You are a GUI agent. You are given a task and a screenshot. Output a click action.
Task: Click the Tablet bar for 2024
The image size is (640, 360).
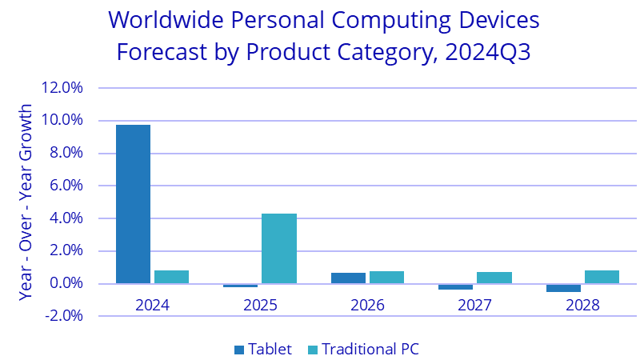click(x=133, y=204)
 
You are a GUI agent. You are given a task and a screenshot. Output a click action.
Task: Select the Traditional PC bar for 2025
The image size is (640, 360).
click(x=279, y=248)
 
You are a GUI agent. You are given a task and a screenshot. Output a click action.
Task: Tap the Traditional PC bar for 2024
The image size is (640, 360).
click(x=171, y=277)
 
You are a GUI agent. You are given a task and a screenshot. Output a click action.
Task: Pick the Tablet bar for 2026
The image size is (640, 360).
click(x=348, y=278)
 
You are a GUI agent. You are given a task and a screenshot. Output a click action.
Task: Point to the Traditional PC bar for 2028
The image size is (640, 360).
click(x=602, y=277)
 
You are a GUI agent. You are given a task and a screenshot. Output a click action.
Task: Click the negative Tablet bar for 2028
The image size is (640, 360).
click(x=563, y=288)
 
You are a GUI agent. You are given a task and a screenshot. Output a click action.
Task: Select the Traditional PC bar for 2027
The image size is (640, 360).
click(x=494, y=278)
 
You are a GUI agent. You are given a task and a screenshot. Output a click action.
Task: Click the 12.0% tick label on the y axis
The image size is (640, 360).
click(x=66, y=88)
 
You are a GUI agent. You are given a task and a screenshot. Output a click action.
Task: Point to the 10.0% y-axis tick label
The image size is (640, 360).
click(x=66, y=121)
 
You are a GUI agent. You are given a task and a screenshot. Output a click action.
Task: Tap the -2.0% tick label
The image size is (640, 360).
click(x=66, y=316)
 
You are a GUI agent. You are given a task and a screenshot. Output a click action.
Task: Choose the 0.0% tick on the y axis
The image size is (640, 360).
click(x=68, y=283)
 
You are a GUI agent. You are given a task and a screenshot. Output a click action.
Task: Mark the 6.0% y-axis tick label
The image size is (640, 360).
click(x=68, y=186)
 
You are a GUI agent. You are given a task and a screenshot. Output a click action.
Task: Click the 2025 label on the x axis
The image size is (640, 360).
click(x=260, y=305)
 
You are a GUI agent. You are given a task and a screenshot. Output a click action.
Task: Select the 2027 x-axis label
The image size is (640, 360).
click(x=475, y=305)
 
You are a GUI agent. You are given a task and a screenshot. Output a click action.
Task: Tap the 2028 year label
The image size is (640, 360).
click(x=582, y=305)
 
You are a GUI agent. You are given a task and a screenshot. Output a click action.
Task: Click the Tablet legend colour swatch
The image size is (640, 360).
click(x=238, y=349)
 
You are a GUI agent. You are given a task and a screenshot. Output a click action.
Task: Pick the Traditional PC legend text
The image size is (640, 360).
click(x=370, y=349)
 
